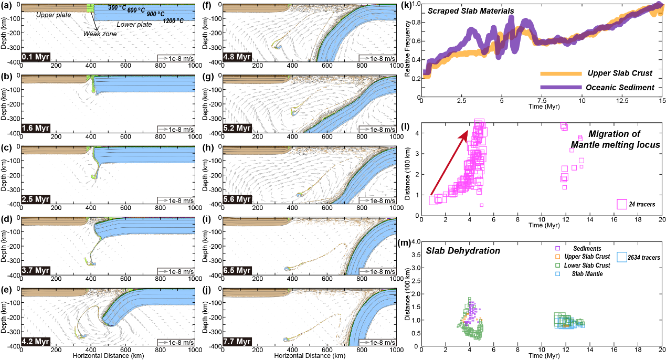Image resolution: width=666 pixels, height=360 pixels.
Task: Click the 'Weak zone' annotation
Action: [100, 34]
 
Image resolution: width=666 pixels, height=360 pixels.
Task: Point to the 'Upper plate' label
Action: [53, 15]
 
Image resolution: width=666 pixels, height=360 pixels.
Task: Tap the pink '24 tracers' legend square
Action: [622, 204]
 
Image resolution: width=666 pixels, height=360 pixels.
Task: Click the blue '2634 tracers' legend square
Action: [623, 257]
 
